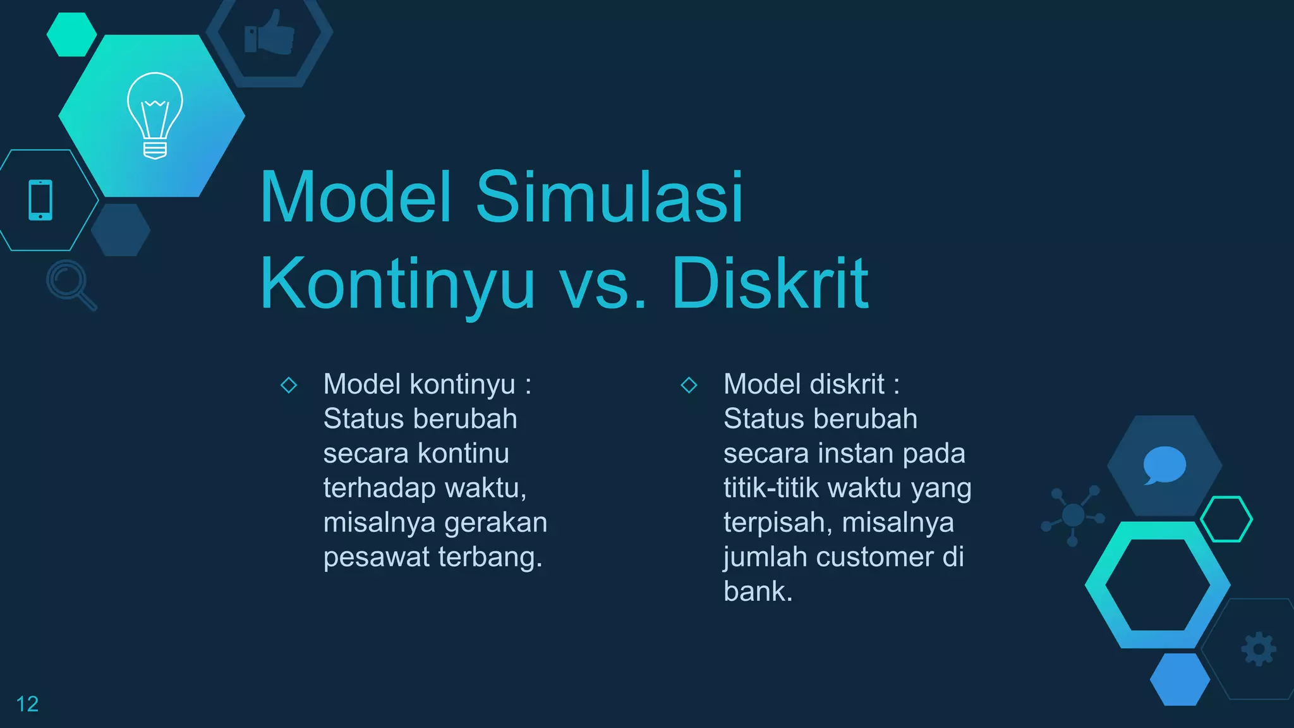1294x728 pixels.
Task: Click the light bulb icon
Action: coord(155,115)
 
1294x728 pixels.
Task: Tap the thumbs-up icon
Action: coord(270,33)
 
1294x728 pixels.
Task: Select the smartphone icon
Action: coord(40,200)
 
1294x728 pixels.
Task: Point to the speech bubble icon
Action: coord(1164,465)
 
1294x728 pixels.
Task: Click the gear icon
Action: coord(1259,649)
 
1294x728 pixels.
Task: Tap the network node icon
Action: coord(1073,515)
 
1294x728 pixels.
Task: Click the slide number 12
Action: coord(27,704)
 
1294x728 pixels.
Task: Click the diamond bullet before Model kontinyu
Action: coord(289,385)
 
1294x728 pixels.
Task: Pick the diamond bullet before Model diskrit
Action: coord(689,385)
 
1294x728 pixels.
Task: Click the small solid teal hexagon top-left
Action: coord(71,35)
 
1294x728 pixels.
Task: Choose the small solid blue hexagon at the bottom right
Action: coord(1180,679)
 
